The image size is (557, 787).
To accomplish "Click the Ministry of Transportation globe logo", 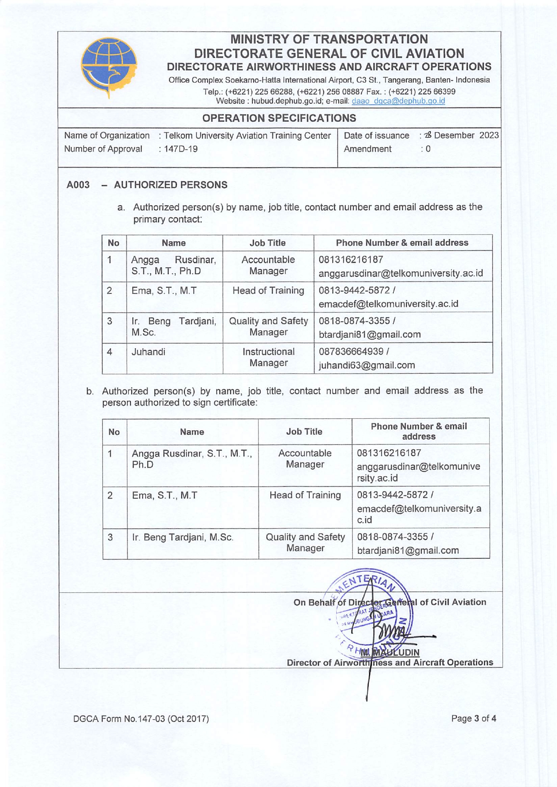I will point(109,66).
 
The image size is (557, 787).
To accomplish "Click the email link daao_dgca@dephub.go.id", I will point(398,101).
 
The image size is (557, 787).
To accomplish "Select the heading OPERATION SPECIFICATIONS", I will point(279,118).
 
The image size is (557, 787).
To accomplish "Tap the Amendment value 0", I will point(428,149).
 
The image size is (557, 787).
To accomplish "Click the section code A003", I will point(78,185).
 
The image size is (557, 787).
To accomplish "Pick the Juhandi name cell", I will point(148,352).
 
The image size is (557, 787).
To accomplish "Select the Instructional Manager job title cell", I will point(268,358).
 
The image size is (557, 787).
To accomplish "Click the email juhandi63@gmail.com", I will point(366,365).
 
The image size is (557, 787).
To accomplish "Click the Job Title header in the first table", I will point(267,243).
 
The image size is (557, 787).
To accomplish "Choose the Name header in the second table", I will point(192,432).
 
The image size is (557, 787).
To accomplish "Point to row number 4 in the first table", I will point(109,352).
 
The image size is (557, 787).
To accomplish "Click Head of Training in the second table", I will point(305,495).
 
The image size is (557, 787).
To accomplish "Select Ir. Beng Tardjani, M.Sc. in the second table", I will point(183,537).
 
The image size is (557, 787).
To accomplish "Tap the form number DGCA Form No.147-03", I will point(141,719).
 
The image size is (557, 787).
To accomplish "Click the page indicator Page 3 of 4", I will point(473,718).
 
